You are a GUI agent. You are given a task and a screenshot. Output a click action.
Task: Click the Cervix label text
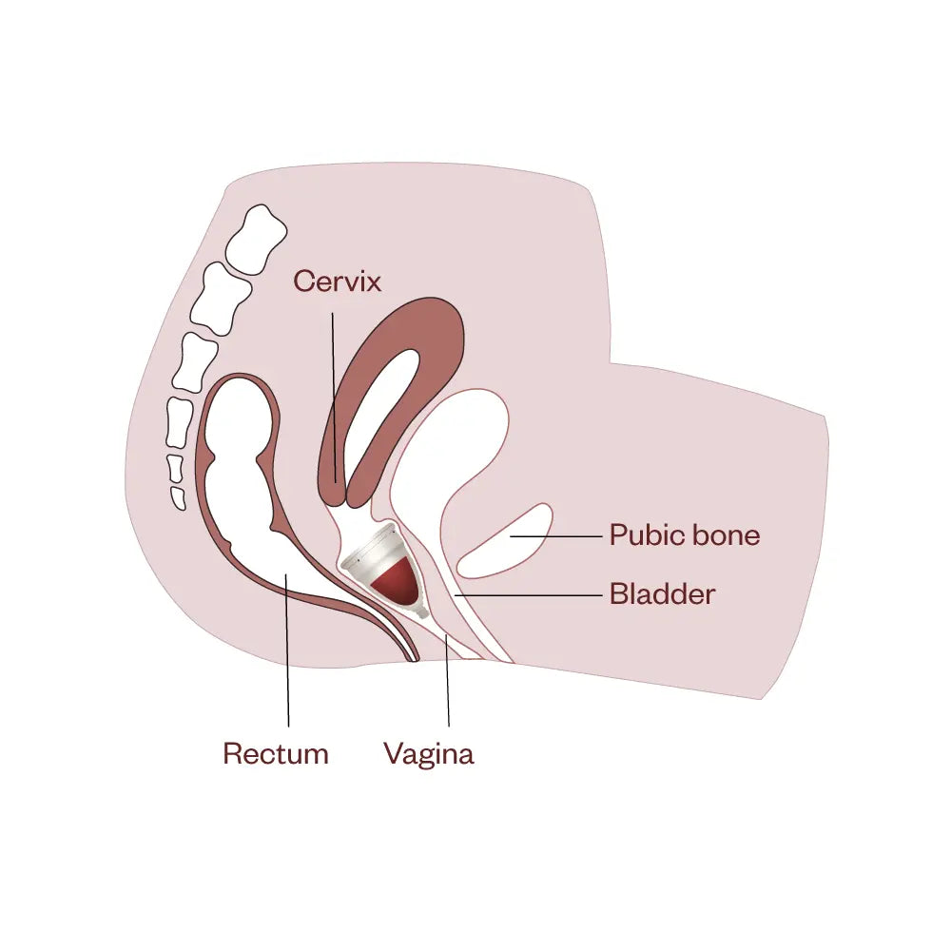tap(337, 281)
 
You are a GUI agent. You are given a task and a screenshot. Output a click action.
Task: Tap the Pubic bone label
tap(685, 535)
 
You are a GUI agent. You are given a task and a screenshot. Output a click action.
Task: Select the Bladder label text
tap(662, 595)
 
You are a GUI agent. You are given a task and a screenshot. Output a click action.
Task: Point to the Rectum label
tap(276, 754)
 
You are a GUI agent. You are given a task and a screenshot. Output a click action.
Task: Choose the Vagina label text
tap(428, 754)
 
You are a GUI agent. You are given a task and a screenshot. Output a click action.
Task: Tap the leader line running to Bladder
tap(533, 595)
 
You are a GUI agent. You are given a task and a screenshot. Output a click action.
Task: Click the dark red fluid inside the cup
tap(397, 585)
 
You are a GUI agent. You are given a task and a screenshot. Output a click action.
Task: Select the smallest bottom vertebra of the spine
tap(177, 495)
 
